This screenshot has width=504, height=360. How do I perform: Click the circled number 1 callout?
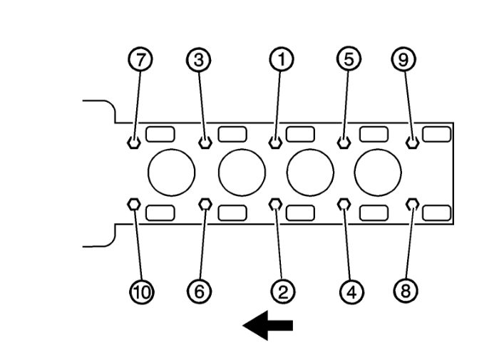(x=282, y=59)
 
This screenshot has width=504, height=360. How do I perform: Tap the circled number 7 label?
(x=140, y=59)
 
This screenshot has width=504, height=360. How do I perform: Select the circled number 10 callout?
(x=142, y=292)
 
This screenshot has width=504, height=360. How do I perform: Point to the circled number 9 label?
(x=403, y=59)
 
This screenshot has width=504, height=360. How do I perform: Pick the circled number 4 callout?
(x=352, y=292)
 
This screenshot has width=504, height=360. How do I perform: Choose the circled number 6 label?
(x=200, y=292)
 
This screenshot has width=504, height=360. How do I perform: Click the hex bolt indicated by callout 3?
(x=205, y=143)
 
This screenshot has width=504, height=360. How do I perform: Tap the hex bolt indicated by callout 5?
(x=344, y=143)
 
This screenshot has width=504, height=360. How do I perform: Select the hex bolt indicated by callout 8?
(x=412, y=204)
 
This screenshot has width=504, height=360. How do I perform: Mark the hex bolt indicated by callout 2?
(x=275, y=204)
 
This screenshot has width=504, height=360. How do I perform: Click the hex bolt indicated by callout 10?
(x=134, y=204)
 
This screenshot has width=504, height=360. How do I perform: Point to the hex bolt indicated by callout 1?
(x=275, y=143)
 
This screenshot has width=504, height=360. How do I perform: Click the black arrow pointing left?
(x=267, y=325)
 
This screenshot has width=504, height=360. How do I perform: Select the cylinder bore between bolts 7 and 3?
(x=171, y=173)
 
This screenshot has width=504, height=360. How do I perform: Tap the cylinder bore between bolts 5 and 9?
(x=378, y=173)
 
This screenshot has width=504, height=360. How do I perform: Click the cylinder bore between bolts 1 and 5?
(x=310, y=173)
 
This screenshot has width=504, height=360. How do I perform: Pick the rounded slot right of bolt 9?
(x=436, y=134)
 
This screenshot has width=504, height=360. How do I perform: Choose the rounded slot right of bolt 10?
(x=160, y=212)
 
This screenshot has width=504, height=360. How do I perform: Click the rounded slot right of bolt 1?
(x=300, y=134)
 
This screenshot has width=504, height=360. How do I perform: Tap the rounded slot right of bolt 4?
(x=374, y=212)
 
